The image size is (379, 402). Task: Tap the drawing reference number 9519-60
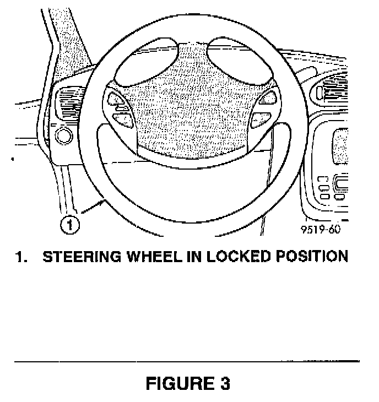(x=321, y=229)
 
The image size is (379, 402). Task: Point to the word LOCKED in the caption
(x=240, y=257)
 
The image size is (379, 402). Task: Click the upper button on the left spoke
(x=117, y=99)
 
